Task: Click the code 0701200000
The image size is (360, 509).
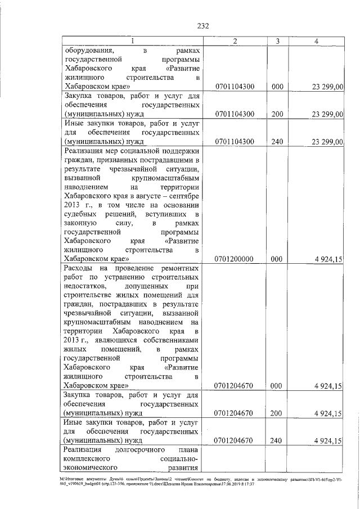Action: pos(235,259)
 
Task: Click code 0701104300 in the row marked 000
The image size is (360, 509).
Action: pos(235,87)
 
